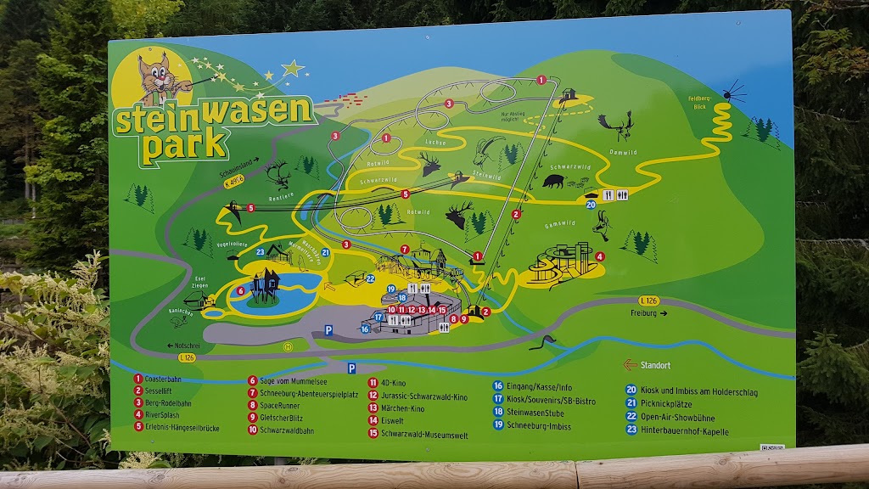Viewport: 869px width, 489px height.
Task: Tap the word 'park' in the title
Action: coord(183,145)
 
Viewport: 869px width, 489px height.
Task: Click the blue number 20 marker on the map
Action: coord(591,204)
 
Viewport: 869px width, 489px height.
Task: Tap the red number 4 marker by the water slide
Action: coord(600,256)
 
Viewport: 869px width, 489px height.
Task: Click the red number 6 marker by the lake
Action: coord(241,290)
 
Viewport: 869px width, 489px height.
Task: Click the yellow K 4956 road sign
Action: coord(233,181)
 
